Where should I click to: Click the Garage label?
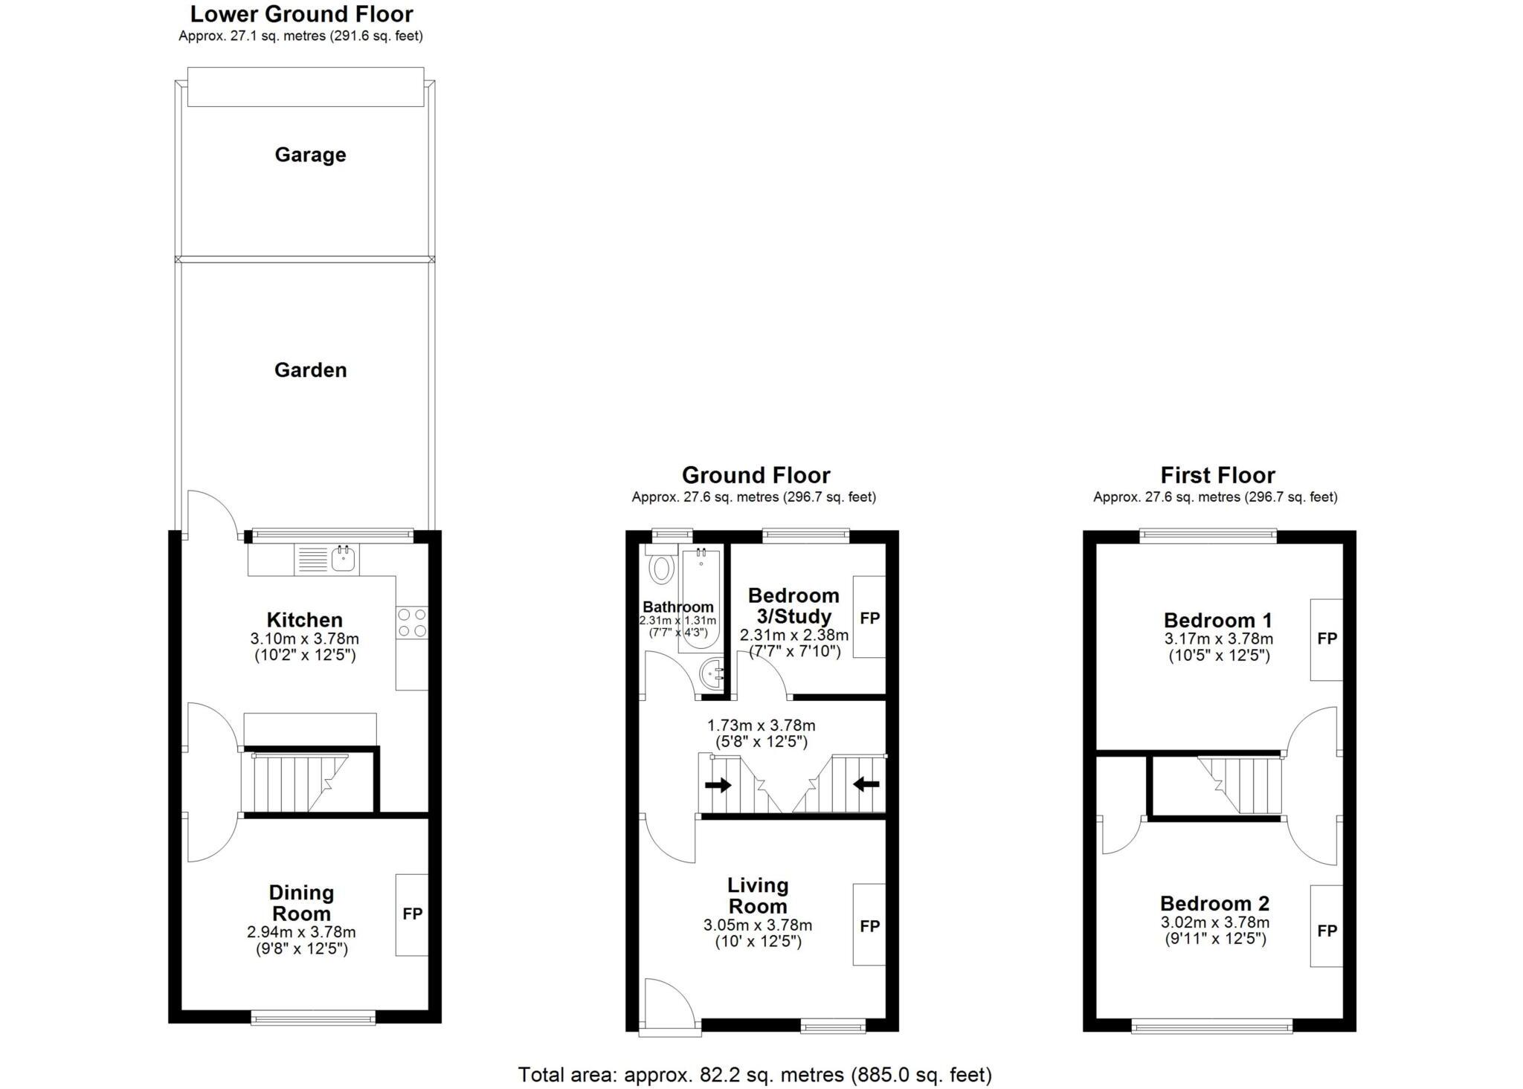(310, 155)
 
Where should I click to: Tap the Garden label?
(310, 370)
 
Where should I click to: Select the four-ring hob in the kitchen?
(412, 622)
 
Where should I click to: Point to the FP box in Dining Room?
(412, 914)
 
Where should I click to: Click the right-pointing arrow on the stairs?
(718, 785)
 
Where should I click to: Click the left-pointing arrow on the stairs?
(866, 783)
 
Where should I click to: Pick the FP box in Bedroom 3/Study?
(869, 617)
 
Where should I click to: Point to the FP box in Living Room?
(869, 925)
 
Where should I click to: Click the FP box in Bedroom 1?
(1327, 639)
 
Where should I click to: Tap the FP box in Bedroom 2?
(1327, 931)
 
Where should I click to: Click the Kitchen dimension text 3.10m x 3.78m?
(304, 639)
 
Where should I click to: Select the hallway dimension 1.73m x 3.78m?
(761, 726)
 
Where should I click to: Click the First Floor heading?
(1217, 475)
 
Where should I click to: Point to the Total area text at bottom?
(755, 1075)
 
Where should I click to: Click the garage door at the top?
(306, 87)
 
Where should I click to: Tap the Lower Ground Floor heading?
(301, 14)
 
